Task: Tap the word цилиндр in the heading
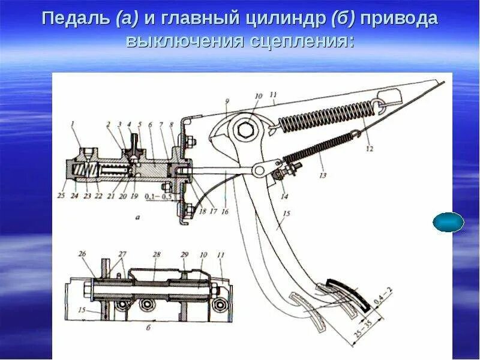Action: pos(284,19)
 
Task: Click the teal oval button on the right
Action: pos(448,222)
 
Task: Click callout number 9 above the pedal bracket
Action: pos(227,103)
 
